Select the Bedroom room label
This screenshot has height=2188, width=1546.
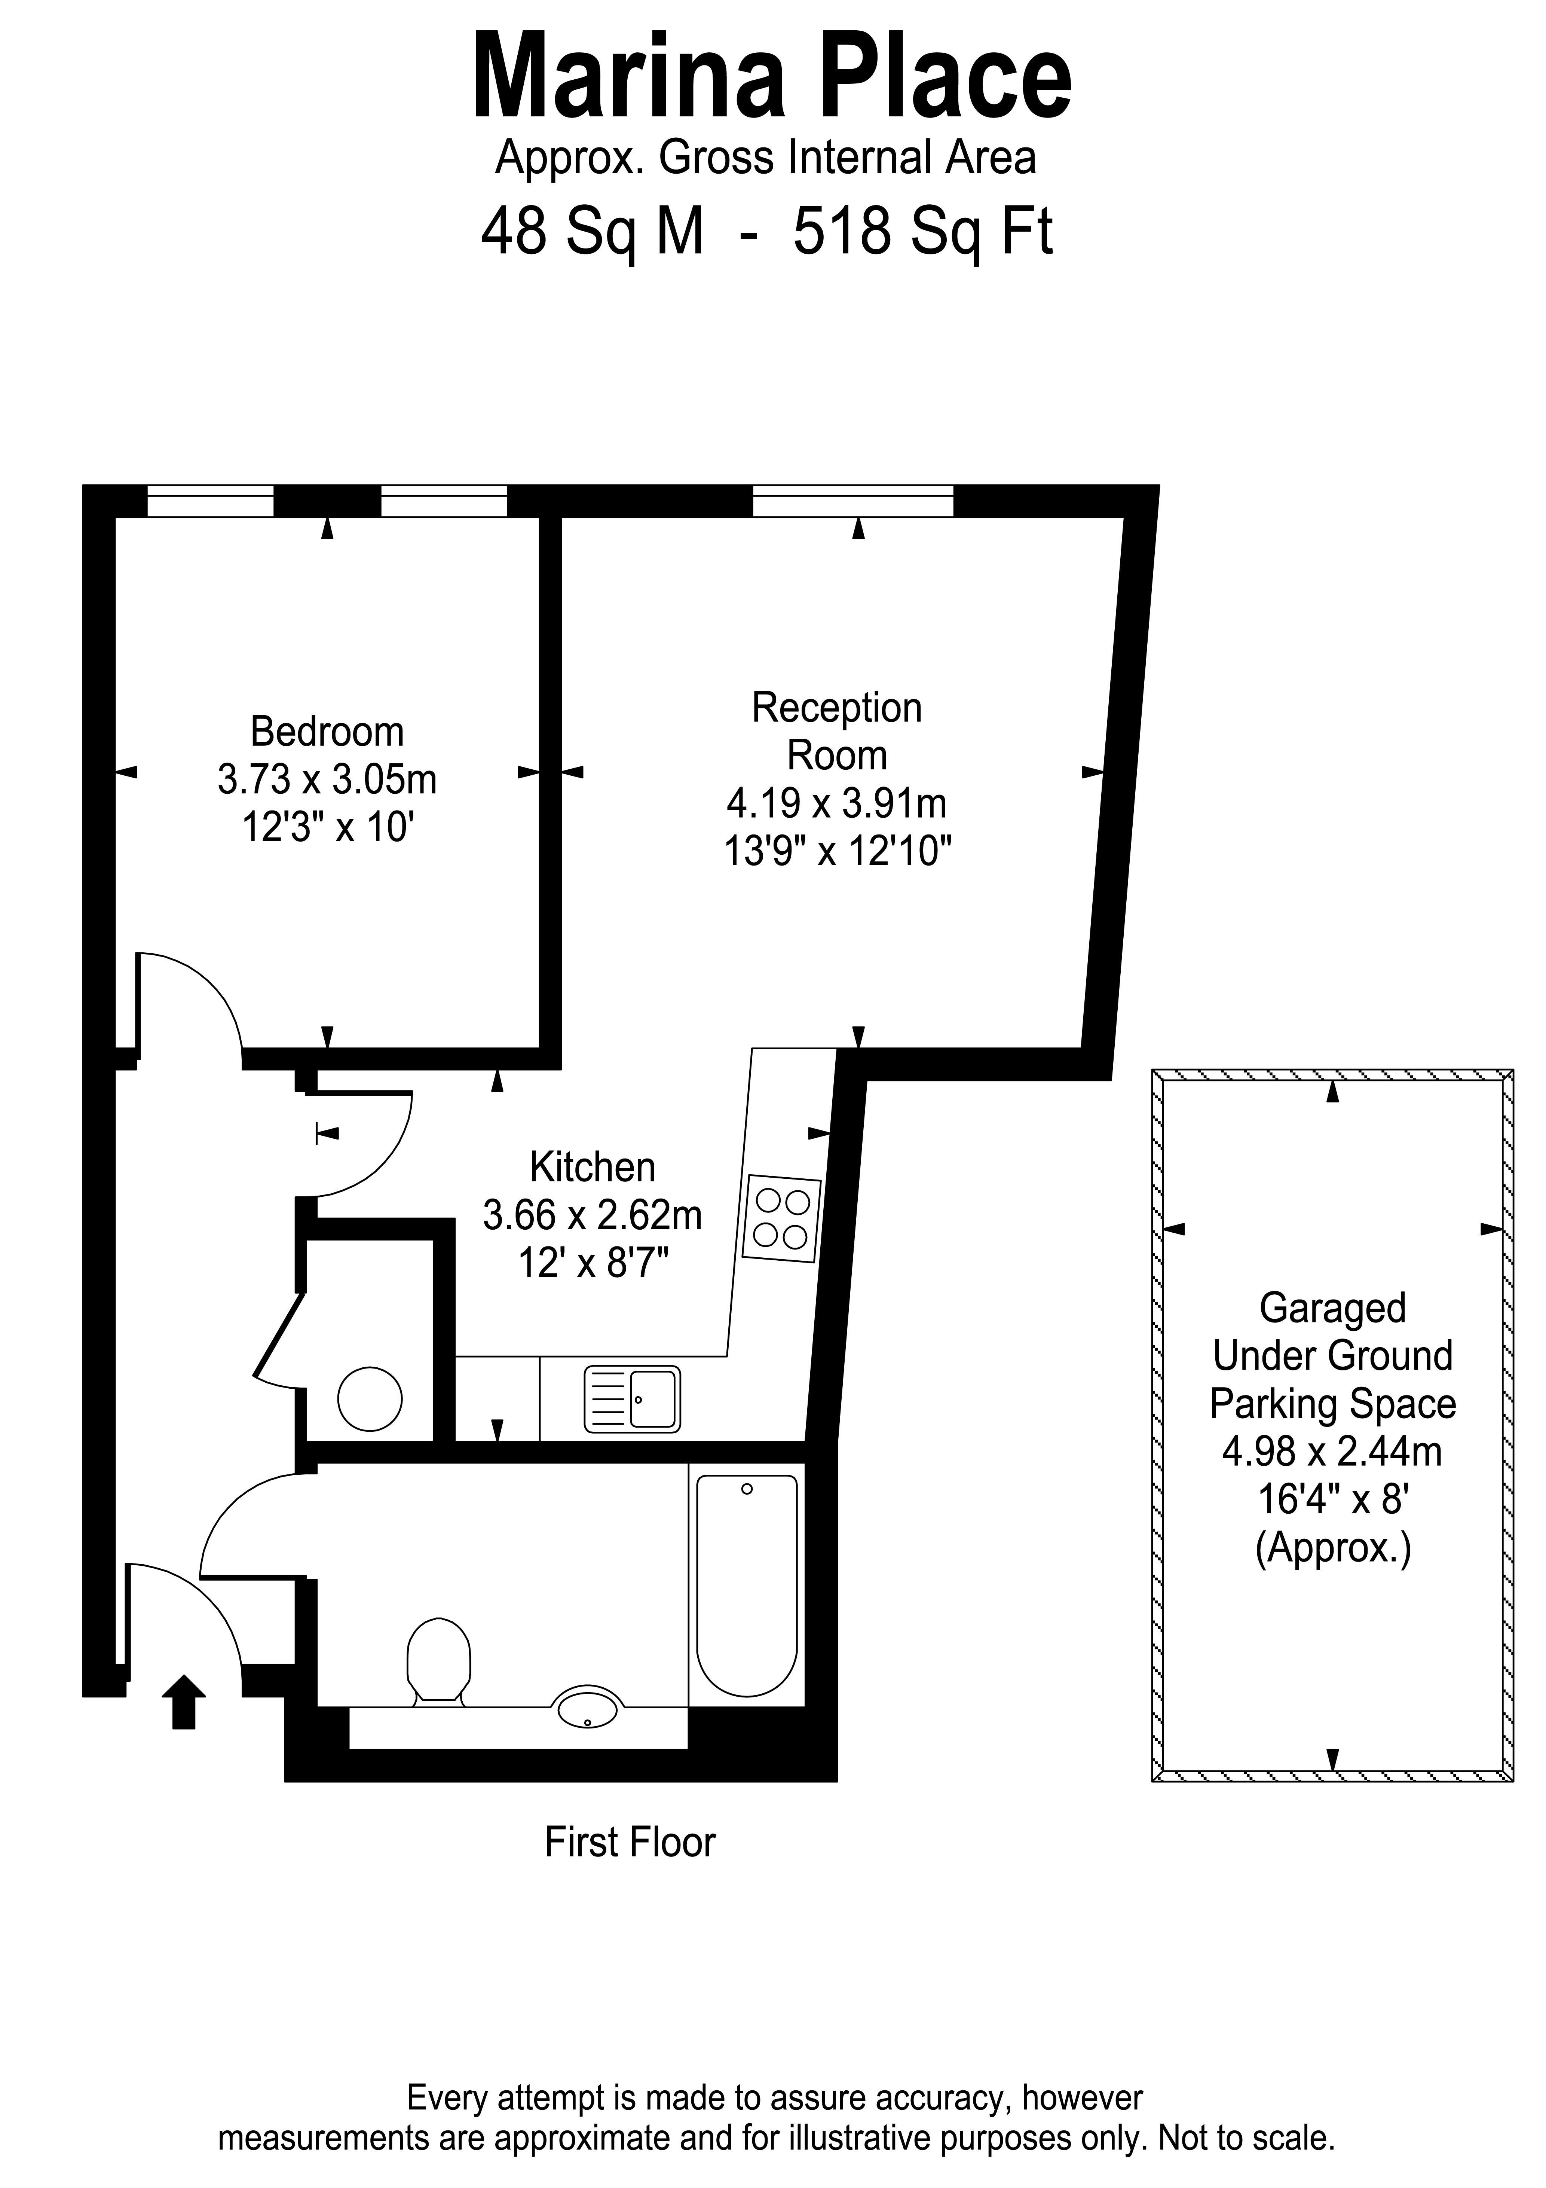[x=327, y=732]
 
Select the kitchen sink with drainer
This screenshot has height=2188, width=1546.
[x=631, y=1399]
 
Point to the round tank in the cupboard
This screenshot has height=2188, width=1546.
[x=370, y=1399]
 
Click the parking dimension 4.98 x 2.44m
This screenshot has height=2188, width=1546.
[x=1332, y=1451]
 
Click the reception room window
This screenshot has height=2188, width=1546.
[x=852, y=501]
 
